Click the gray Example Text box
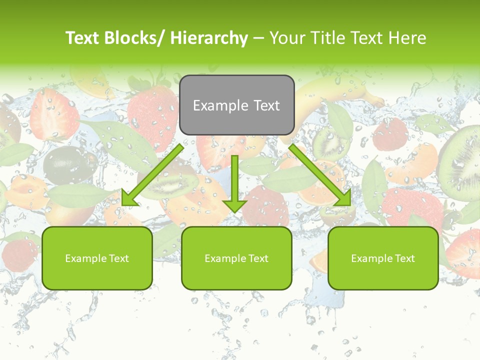click(236, 105)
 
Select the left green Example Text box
click(97, 258)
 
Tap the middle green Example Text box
click(236, 258)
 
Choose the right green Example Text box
click(383, 258)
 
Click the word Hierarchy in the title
click(208, 38)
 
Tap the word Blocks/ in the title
click(138, 38)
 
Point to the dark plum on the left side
click(64, 163)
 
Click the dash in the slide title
click(258, 38)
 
